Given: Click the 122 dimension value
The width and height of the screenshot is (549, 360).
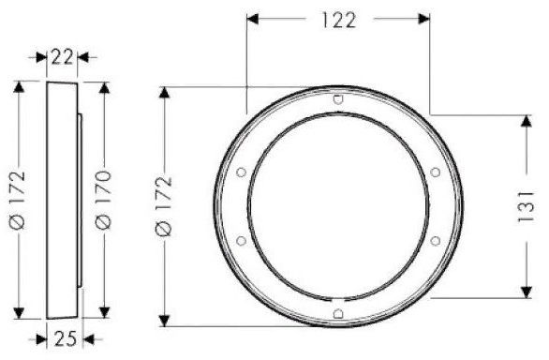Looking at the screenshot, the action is click(x=338, y=20).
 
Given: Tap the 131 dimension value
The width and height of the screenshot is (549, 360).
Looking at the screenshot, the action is click(x=526, y=206).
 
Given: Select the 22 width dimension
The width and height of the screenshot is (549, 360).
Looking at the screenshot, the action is click(x=63, y=57).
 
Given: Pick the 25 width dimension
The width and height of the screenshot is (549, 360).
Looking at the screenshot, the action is click(x=66, y=338).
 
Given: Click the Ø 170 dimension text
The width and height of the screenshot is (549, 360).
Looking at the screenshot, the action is click(x=104, y=200).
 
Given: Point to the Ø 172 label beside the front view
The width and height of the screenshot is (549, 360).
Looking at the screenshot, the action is click(x=164, y=206).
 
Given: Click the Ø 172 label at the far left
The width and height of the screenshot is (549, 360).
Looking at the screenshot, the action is click(x=18, y=200).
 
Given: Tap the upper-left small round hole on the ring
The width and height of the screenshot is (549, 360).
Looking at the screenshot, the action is click(x=241, y=172).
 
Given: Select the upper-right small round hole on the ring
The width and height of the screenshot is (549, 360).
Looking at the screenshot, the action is click(x=436, y=172).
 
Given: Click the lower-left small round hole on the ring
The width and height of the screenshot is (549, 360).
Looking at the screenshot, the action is click(x=241, y=241).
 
